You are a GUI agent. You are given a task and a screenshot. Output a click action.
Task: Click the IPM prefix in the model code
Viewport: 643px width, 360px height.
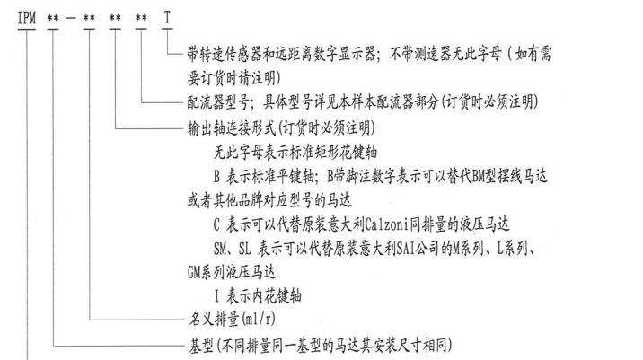[27, 18]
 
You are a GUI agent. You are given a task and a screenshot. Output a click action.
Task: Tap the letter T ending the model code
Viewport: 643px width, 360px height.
[167, 18]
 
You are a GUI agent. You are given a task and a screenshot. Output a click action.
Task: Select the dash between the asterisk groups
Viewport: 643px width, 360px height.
[71, 19]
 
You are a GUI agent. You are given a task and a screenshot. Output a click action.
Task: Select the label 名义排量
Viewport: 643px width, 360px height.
[214, 319]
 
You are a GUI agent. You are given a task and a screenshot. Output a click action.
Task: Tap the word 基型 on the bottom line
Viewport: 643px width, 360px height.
[201, 345]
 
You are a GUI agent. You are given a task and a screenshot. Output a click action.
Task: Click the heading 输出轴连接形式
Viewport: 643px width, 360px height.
[232, 128]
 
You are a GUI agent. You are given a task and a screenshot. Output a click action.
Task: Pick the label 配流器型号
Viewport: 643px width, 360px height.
[218, 102]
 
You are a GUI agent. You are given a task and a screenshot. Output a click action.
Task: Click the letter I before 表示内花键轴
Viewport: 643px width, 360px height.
[216, 295]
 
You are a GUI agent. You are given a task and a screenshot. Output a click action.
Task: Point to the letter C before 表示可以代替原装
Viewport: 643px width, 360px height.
[216, 224]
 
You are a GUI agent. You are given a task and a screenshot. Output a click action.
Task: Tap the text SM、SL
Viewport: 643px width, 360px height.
[233, 249]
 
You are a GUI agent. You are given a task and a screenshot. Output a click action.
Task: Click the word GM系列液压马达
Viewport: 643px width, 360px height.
[232, 272]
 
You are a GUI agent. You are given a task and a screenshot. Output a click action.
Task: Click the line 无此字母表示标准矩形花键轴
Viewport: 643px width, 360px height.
[295, 153]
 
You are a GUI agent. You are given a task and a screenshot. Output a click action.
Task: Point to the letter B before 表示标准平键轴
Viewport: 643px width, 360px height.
[216, 177]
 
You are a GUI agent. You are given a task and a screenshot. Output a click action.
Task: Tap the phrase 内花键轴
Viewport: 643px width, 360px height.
[277, 295]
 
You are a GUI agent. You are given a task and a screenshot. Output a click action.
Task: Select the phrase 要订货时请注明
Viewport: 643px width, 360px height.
[232, 78]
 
